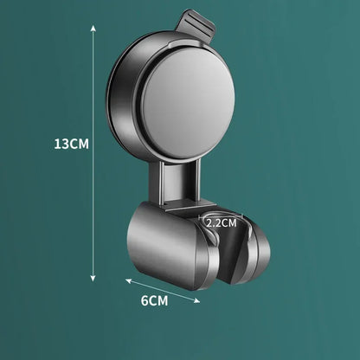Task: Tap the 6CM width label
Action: [154, 301]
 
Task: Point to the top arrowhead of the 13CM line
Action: [93, 26]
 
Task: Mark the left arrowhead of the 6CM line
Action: [126, 280]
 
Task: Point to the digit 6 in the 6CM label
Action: [145, 301]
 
